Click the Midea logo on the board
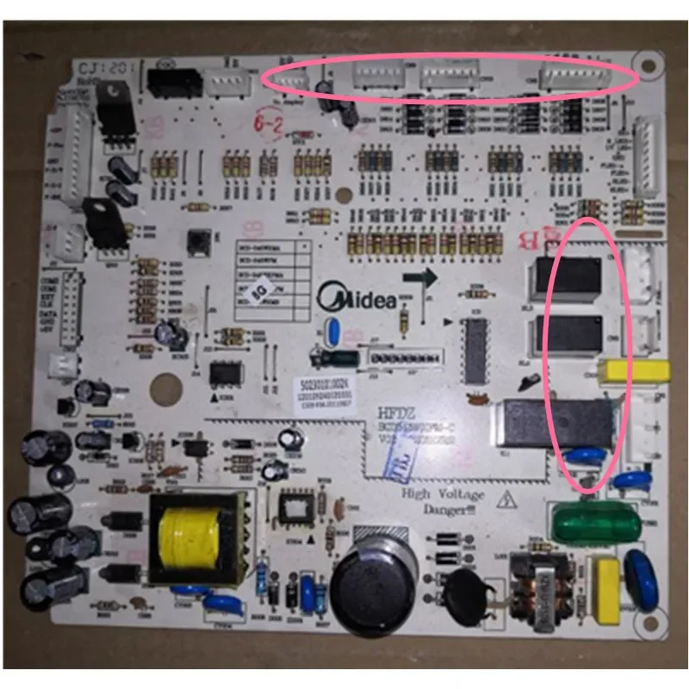click(x=358, y=300)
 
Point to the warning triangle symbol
click(x=509, y=497)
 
